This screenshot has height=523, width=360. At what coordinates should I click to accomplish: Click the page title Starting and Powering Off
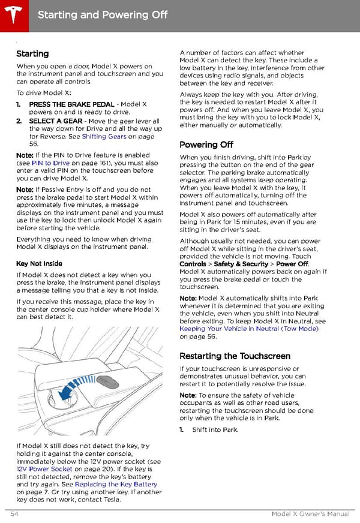click(x=103, y=14)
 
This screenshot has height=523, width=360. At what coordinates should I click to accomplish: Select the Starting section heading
click(x=32, y=54)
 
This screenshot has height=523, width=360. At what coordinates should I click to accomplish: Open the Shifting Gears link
click(x=104, y=137)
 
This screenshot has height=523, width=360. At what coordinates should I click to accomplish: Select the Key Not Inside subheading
click(x=39, y=264)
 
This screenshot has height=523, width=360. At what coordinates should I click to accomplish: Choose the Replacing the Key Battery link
click(x=116, y=485)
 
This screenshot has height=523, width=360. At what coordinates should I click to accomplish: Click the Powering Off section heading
click(x=206, y=145)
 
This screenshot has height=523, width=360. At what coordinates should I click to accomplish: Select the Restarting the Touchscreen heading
click(x=235, y=356)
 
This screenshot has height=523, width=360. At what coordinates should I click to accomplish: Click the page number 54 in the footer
click(x=14, y=514)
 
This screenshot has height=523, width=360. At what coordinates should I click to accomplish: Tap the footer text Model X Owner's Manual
click(x=310, y=514)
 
